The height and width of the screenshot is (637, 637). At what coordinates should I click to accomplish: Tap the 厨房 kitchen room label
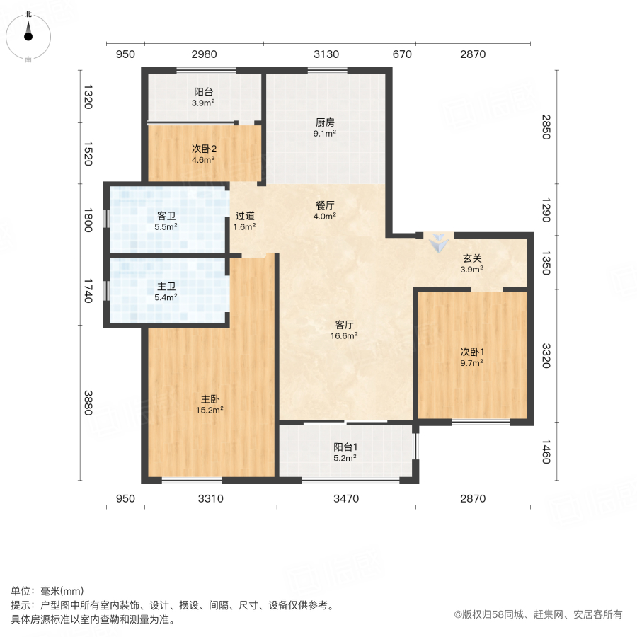326,120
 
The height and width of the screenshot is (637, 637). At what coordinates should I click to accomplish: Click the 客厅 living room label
345,324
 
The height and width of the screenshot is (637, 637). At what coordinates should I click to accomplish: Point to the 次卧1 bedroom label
471,351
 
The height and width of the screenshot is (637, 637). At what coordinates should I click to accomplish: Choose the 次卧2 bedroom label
203,149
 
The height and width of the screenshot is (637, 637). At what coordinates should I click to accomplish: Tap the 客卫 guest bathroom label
166,216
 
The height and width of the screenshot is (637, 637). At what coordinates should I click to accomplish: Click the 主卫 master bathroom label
166,286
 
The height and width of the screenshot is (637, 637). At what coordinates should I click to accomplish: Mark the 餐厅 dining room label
326,205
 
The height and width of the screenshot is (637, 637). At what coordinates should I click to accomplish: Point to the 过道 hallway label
245,216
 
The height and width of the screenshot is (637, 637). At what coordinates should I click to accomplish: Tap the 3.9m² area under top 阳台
203,103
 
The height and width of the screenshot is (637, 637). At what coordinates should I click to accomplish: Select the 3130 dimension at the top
326,54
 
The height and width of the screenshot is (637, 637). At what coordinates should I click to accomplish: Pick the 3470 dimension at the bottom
346,499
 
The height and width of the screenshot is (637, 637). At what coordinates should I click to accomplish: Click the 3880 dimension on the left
88,403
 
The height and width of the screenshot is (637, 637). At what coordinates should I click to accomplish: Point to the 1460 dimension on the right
546,451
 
